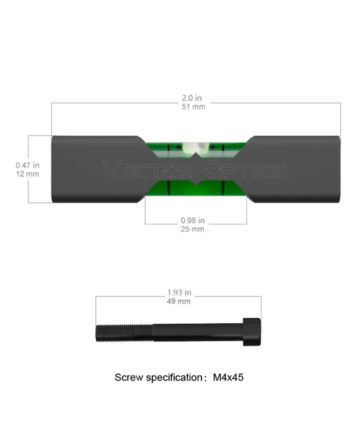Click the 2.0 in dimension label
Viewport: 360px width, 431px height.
(192, 98)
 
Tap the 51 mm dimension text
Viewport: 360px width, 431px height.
(194, 107)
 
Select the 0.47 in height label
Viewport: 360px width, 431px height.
(28, 165)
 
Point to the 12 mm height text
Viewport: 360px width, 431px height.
(28, 174)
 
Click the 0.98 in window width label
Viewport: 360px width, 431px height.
(193, 221)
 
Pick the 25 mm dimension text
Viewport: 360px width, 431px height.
(192, 229)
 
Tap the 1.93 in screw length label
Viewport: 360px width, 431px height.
(179, 293)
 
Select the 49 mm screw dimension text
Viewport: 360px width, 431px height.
(179, 301)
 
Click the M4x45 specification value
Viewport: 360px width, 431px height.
(228, 377)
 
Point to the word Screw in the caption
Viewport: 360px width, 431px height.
(129, 377)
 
